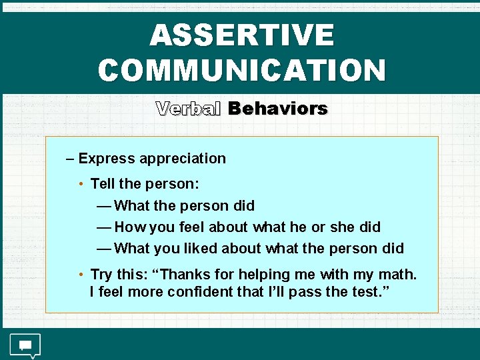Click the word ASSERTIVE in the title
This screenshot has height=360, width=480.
[x=241, y=35]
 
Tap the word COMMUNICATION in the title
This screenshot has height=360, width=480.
[x=241, y=69]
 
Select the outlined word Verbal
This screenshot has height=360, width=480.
[x=188, y=109]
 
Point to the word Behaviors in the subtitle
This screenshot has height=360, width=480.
[x=277, y=109]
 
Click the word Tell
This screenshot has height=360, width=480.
[x=102, y=183]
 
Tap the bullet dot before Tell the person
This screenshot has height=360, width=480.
[x=80, y=184]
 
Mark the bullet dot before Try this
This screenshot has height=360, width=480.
[x=80, y=275]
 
